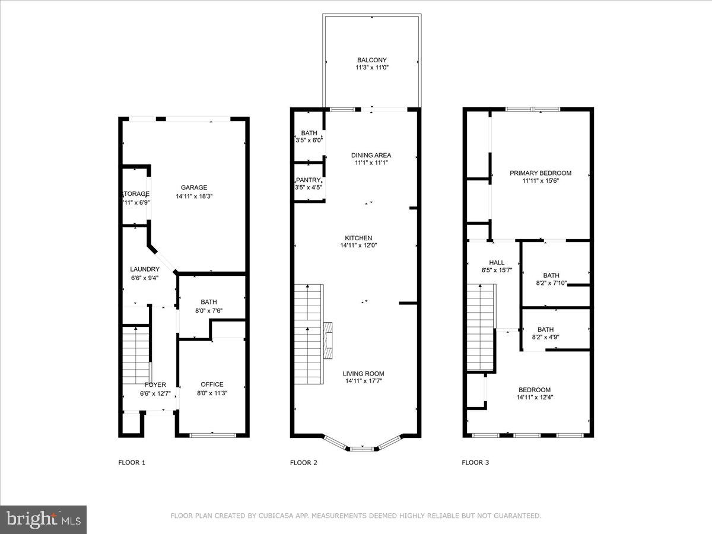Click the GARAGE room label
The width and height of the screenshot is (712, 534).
pos(194,187)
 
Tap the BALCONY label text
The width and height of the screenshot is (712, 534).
pos(372,60)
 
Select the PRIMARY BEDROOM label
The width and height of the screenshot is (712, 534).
pos(541,173)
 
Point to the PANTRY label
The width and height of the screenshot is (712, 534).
pos(309,180)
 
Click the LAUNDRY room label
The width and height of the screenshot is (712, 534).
pos(145,269)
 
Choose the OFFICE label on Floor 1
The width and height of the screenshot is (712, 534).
pos(212,384)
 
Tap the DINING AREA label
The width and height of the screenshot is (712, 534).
pos(371,155)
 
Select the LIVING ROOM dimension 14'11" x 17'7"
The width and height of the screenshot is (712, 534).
pos(363,382)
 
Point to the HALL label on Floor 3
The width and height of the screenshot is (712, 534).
pos(497,263)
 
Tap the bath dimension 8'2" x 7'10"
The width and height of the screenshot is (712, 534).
pos(551,284)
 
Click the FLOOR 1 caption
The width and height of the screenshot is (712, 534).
pos(132,463)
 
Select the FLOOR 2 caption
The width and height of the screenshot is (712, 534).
pos(303,463)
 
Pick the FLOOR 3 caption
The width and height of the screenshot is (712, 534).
pos(475,463)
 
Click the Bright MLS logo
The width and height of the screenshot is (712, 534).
pos(43,520)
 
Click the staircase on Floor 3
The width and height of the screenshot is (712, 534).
pos(481,326)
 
